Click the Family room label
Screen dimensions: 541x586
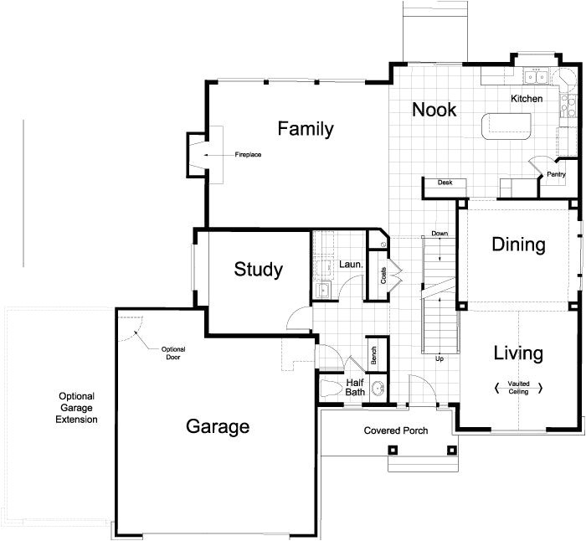[x=306, y=129]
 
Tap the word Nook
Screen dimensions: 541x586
[x=434, y=110]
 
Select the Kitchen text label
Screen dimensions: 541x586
[x=527, y=99]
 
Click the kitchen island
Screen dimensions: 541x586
[x=506, y=126]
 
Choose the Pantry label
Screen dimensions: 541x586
[x=556, y=175]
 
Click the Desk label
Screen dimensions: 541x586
[x=445, y=182]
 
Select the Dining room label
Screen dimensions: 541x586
[x=518, y=245]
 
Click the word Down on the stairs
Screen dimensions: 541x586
[x=439, y=233]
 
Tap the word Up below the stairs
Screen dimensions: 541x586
[x=439, y=358]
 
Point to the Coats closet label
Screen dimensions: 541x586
[x=383, y=276]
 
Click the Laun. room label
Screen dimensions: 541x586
[x=351, y=265]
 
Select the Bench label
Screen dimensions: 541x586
[x=374, y=355]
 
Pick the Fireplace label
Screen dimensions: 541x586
[x=248, y=155]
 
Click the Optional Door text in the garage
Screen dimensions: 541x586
[x=172, y=352]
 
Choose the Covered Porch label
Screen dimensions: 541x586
[x=396, y=430]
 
